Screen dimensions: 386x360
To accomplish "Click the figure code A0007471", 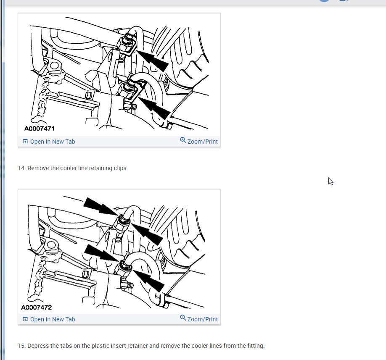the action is [x=40, y=129].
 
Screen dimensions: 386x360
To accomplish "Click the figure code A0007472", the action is [x=37, y=307].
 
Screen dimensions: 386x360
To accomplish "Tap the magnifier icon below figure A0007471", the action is [x=183, y=140].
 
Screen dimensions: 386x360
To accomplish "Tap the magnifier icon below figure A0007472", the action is [x=183, y=318].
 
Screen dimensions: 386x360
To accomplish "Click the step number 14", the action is [x=21, y=168].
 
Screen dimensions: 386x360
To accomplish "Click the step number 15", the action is [x=21, y=346].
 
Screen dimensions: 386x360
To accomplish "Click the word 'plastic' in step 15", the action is [x=100, y=346].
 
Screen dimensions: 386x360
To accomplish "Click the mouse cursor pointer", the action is [x=330, y=181].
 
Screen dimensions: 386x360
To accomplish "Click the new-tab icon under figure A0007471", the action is [x=25, y=142].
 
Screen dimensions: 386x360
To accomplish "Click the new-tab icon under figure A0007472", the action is [x=25, y=319].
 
